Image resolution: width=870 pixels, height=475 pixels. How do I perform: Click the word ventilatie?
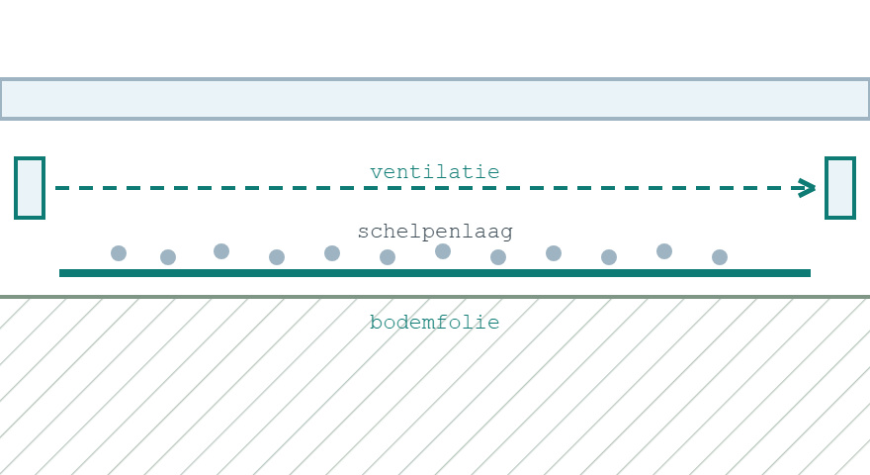pos(435,171)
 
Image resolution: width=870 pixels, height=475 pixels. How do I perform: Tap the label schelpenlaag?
pos(435,232)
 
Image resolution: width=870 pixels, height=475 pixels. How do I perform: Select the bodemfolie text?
pos(435,323)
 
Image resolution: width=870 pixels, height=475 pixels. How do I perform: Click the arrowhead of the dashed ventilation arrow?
pos(807,188)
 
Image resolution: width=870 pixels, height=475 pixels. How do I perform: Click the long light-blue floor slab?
pos(435,99)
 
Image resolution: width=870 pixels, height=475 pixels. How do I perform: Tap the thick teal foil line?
pos(435,273)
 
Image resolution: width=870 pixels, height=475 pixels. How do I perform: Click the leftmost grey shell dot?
pos(119,253)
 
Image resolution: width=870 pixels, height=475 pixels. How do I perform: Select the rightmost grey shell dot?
pos(720,257)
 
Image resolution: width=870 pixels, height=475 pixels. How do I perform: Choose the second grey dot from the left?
pos(168,257)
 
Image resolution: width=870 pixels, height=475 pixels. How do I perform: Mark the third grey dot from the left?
pos(221,251)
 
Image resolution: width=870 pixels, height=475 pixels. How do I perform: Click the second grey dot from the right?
pos(664,251)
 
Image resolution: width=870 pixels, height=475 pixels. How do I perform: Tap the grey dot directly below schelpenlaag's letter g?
pos(498,257)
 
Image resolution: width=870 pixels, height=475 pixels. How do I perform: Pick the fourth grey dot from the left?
pos(277,257)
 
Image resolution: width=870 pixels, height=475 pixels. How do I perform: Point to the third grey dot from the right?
pos(609,257)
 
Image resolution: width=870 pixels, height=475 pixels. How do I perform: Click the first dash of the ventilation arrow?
pos(62,188)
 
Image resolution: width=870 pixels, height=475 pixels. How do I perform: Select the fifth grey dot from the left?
pos(332,253)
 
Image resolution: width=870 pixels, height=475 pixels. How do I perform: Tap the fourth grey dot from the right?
pos(554,253)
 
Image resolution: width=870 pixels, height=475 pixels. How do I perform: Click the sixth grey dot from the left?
pos(388,257)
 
